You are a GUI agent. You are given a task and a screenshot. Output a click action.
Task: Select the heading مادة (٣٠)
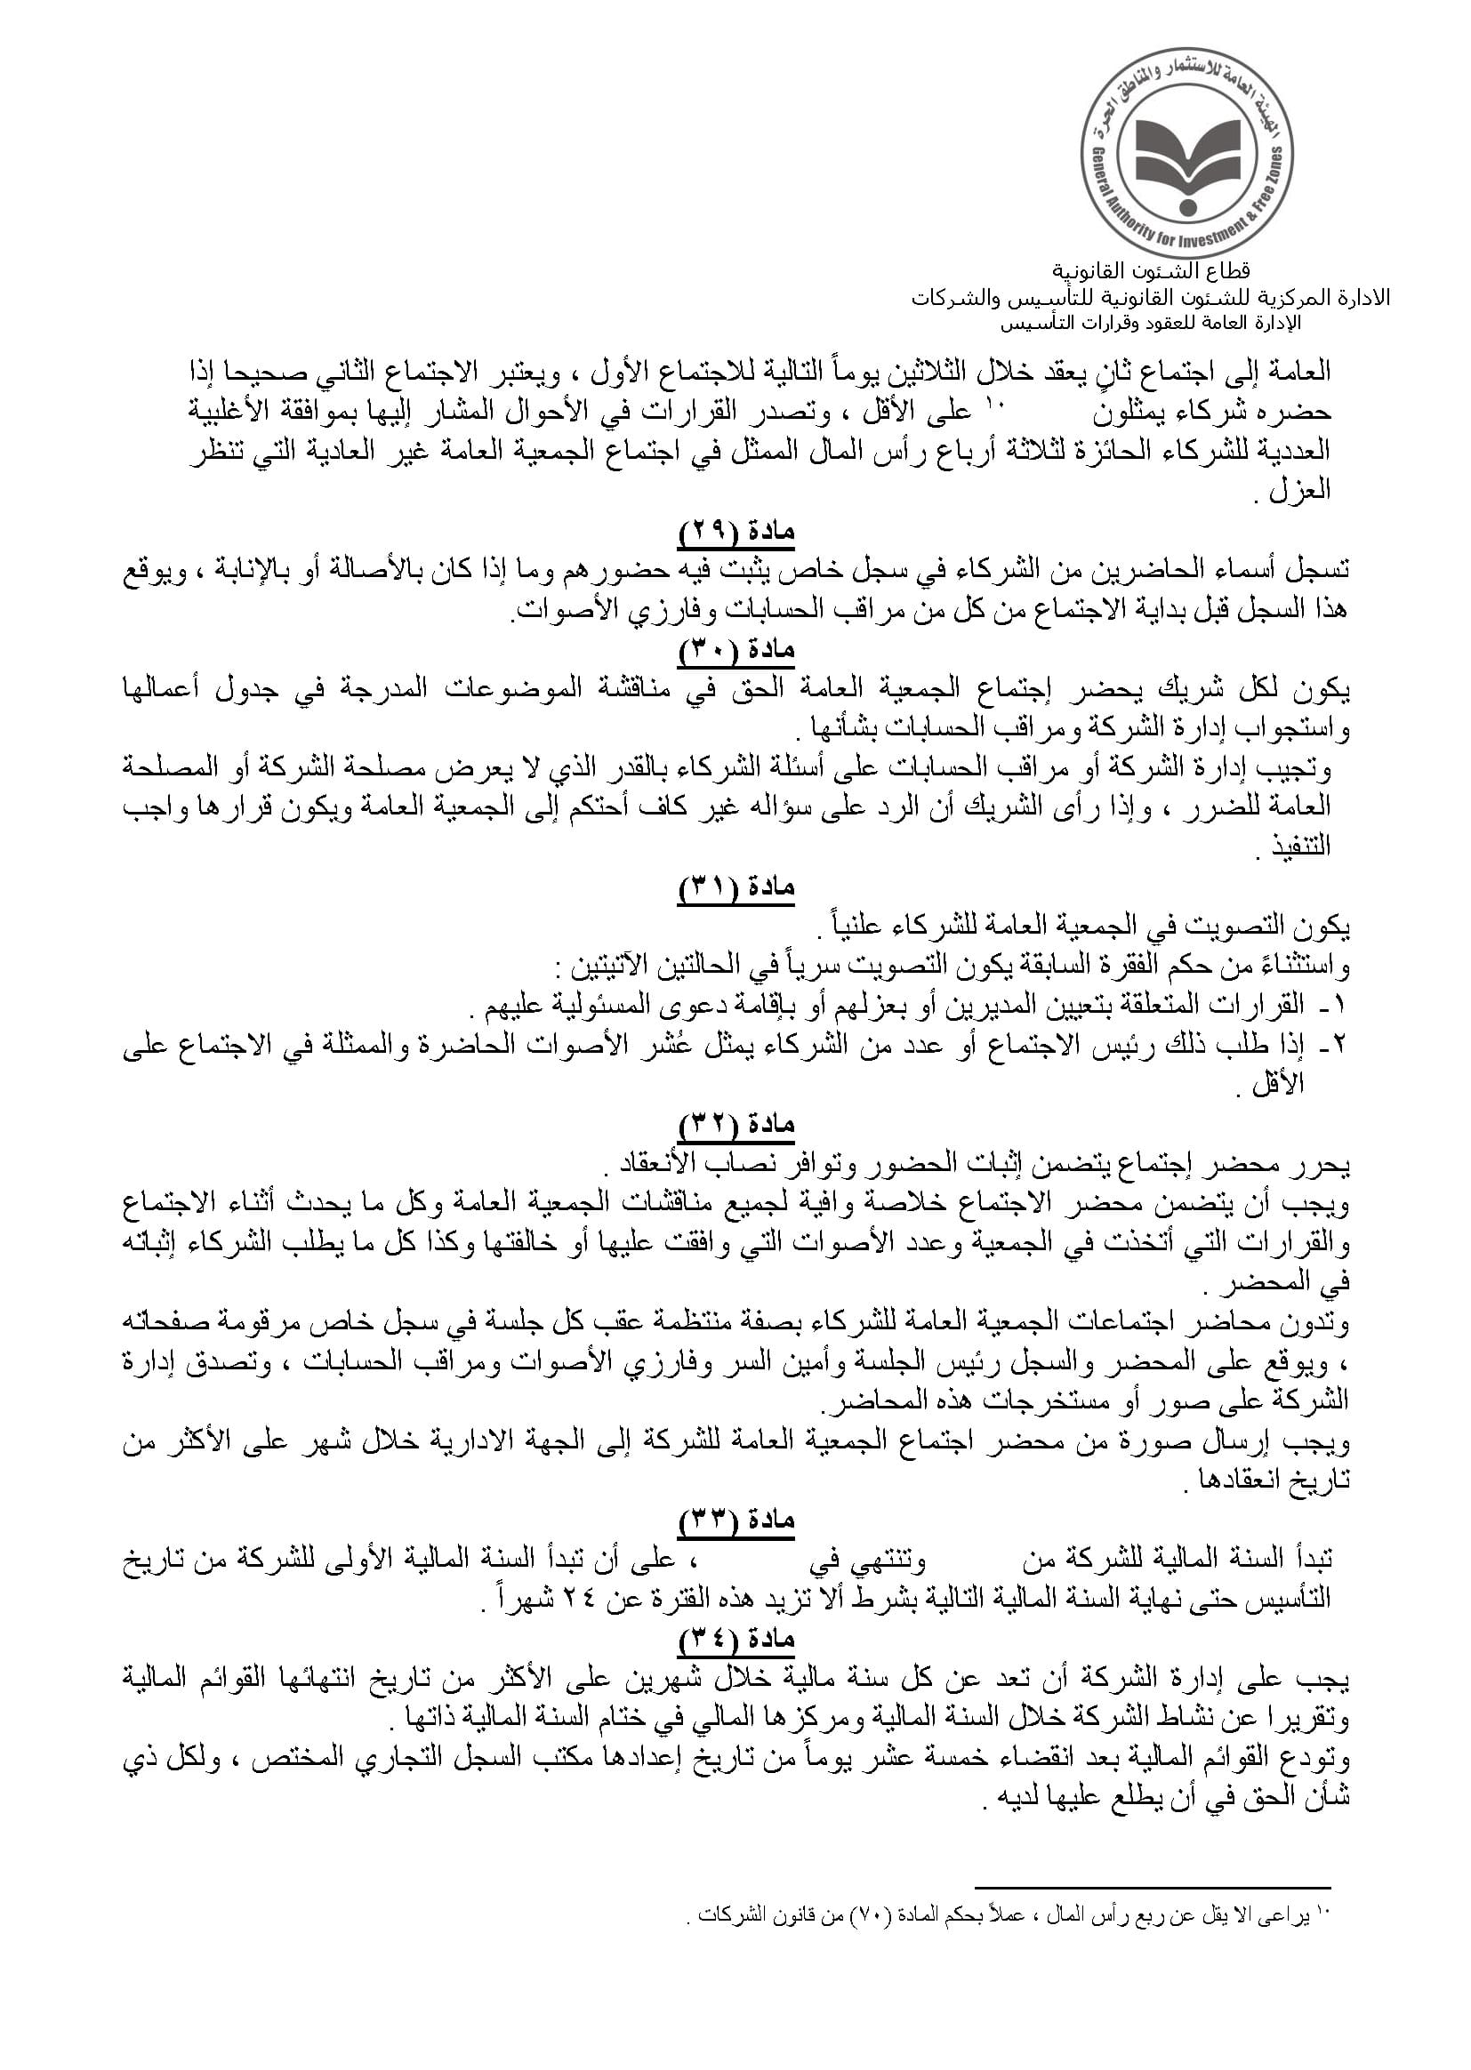pos(736,650)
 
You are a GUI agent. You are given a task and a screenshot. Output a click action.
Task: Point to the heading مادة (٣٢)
pos(736,1126)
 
